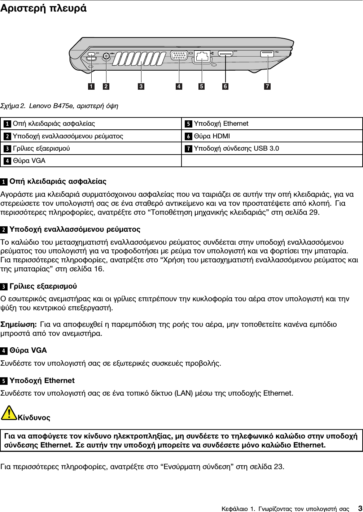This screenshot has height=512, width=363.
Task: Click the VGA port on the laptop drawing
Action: [179, 57]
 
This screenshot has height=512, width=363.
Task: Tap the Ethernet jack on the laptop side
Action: [202, 56]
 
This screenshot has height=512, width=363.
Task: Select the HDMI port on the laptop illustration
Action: [226, 55]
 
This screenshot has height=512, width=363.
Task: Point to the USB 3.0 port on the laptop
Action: [267, 54]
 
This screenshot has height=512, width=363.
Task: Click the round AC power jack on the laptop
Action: [106, 56]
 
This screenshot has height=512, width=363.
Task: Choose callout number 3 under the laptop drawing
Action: [141, 86]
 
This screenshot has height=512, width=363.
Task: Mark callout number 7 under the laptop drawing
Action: [267, 86]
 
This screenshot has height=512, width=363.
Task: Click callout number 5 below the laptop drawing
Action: [201, 86]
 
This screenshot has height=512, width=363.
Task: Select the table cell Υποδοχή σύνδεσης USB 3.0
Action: [236, 148]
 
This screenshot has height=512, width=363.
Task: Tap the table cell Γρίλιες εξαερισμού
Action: [41, 148]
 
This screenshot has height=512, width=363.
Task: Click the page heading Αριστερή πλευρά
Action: [43, 8]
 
